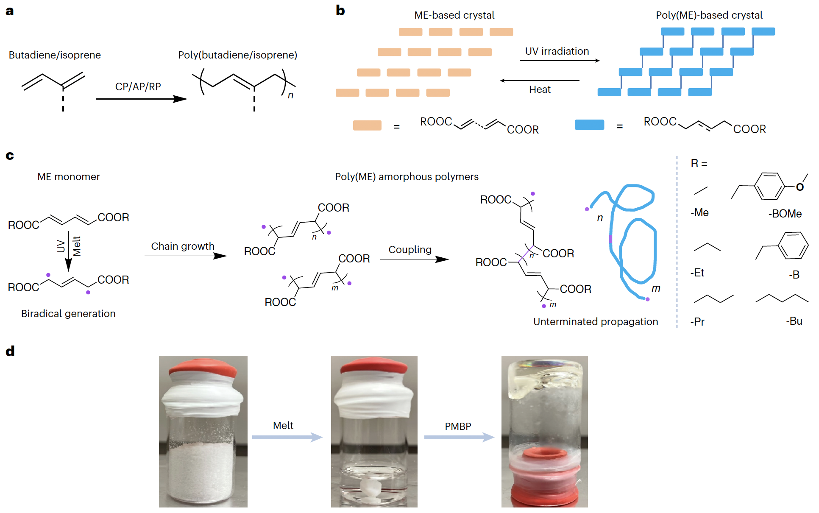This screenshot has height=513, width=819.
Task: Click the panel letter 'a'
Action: tap(10, 11)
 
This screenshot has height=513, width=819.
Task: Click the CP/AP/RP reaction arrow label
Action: tap(138, 87)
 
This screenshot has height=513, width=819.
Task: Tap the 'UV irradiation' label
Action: tap(557, 51)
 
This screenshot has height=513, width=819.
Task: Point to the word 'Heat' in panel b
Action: tap(540, 89)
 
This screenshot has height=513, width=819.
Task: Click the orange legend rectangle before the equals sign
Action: tap(367, 125)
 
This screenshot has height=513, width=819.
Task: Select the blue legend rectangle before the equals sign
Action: tap(589, 125)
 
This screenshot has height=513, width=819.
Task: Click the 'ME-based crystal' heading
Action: tap(454, 15)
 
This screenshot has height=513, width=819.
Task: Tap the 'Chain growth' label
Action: tap(183, 246)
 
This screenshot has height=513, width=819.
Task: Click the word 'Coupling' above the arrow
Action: tap(410, 250)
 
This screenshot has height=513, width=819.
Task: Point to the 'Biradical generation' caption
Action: tap(68, 314)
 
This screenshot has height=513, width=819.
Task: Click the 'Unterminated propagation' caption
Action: tap(595, 322)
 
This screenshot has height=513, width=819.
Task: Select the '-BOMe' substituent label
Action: tap(785, 214)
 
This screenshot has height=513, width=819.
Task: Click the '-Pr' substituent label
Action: tap(697, 322)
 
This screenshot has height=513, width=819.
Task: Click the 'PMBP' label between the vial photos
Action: tap(458, 427)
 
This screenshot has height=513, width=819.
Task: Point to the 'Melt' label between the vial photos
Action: tap(283, 426)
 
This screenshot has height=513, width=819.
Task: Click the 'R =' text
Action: tap(699, 164)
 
